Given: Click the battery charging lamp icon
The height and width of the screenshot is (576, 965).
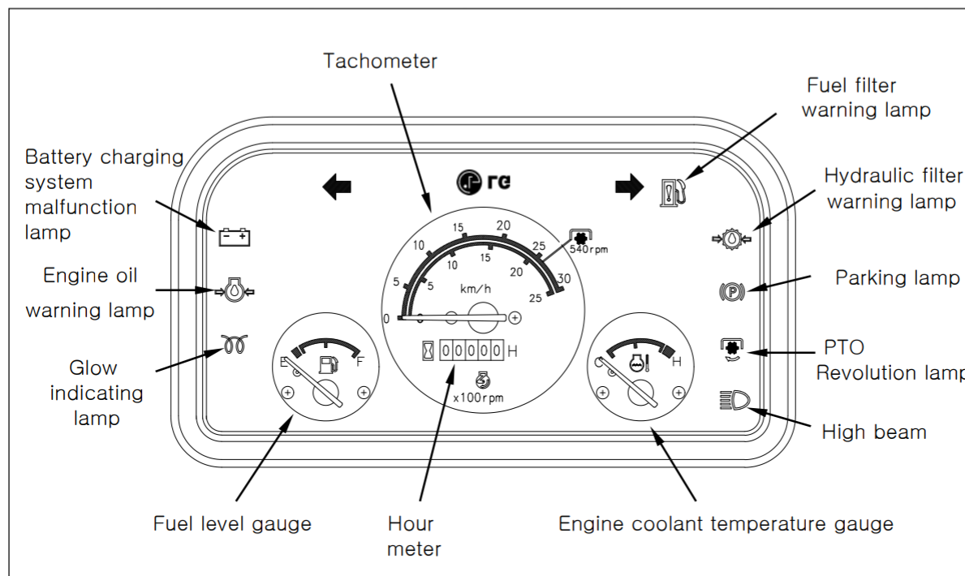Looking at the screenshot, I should click(235, 237).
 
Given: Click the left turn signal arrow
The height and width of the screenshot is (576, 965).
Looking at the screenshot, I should click(337, 187).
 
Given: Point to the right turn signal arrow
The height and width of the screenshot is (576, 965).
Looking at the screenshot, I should click(628, 187).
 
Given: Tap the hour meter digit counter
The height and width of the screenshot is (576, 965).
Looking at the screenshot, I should click(472, 351).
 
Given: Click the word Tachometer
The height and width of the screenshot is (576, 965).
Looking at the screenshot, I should click(380, 61).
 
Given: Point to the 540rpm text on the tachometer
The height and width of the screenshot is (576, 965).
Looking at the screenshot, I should click(588, 250).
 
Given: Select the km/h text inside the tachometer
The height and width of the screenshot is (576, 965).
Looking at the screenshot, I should click(476, 289).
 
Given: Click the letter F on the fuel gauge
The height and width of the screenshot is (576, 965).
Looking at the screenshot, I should click(360, 362).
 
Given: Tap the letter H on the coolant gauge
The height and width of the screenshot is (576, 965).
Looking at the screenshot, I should click(677, 362).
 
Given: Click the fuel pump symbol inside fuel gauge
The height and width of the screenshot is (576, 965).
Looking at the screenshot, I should click(329, 363).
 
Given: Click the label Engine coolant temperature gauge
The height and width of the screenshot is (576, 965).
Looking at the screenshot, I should click(726, 524).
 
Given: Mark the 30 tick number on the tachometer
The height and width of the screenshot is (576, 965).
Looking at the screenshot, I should click(564, 278).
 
